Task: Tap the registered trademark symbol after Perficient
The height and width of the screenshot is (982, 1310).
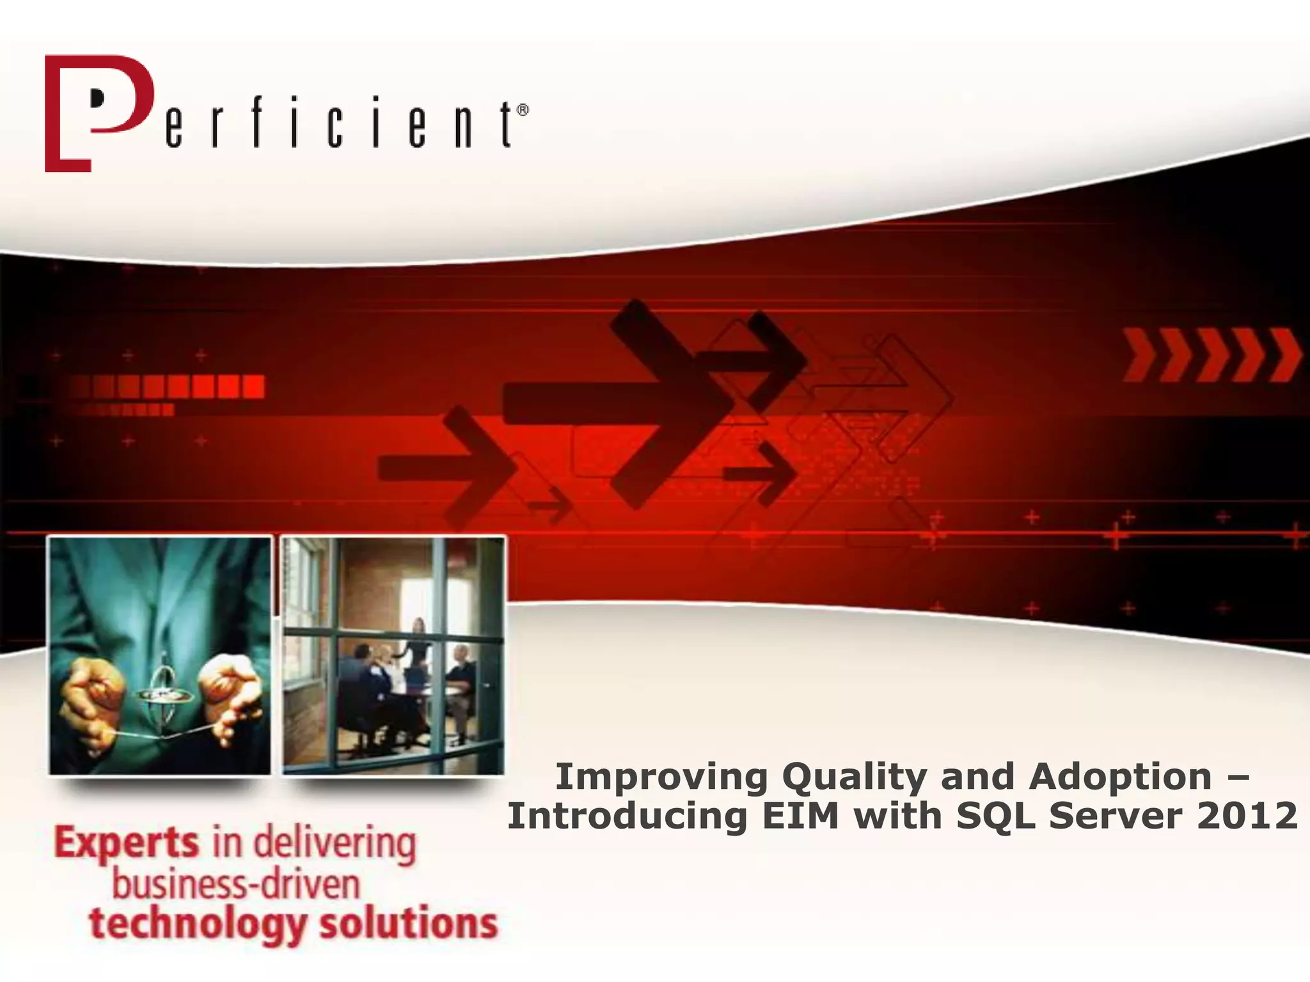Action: tap(523, 111)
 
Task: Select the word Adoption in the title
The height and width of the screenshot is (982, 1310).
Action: tap(1120, 777)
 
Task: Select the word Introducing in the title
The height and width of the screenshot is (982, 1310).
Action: tap(627, 816)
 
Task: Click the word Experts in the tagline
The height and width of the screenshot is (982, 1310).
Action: tap(127, 844)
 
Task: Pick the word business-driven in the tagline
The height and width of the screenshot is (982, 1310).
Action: tap(236, 885)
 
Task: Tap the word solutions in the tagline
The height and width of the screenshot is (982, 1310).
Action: tap(408, 924)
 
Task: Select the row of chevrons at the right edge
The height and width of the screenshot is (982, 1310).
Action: tap(1211, 355)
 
